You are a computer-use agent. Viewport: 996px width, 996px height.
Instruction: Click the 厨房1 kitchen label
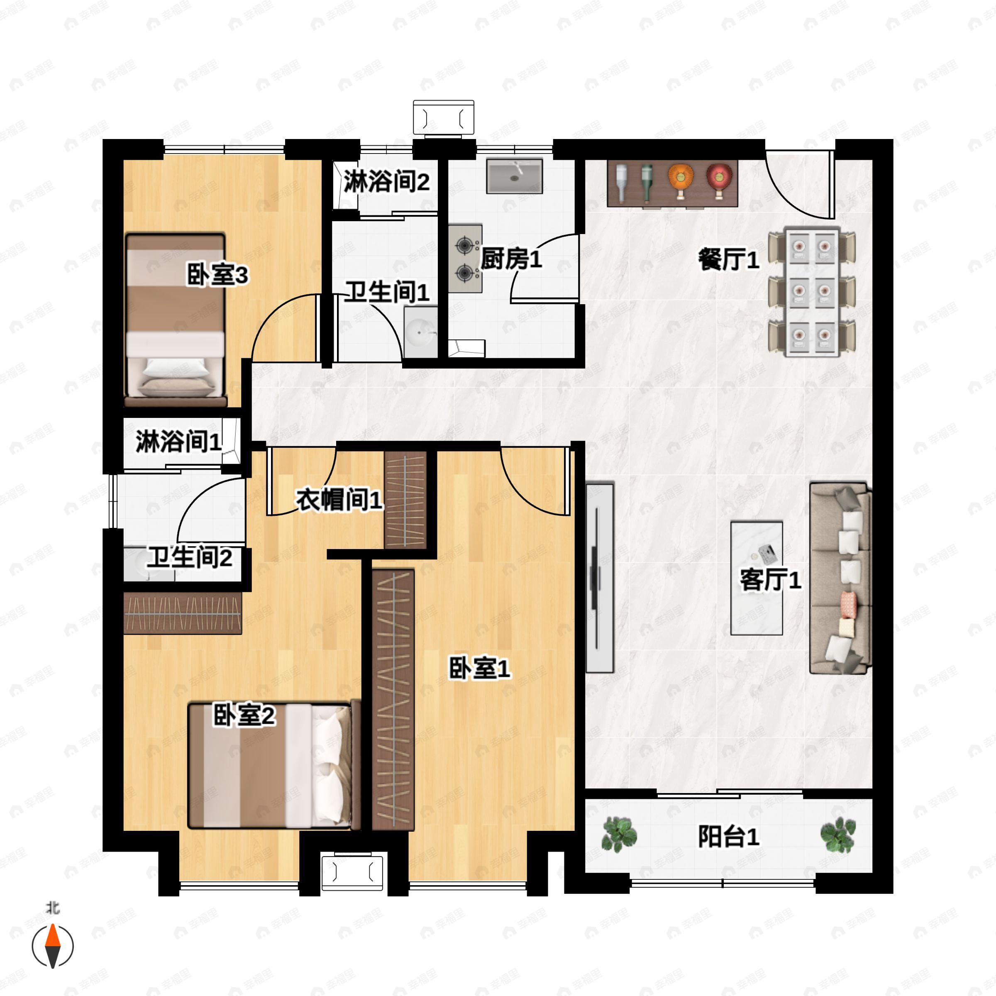[511, 259]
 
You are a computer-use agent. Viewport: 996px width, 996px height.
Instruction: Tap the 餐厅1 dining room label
[728, 259]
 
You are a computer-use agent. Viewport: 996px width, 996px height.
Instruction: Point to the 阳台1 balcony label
[728, 837]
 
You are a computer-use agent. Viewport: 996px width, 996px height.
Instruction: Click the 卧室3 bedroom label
[217, 275]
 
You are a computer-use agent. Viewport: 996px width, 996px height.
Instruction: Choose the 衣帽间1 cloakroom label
[339, 500]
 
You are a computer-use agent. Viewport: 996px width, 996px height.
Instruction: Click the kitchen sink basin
[515, 176]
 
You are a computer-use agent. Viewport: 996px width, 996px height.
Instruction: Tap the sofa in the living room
[840, 579]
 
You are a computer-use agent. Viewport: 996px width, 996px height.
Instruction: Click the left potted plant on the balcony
[619, 834]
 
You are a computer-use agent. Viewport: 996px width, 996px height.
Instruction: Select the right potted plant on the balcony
[838, 834]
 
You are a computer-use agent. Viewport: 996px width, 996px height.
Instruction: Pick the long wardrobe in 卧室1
[393, 700]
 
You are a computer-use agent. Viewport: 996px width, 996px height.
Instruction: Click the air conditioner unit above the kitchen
[443, 118]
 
